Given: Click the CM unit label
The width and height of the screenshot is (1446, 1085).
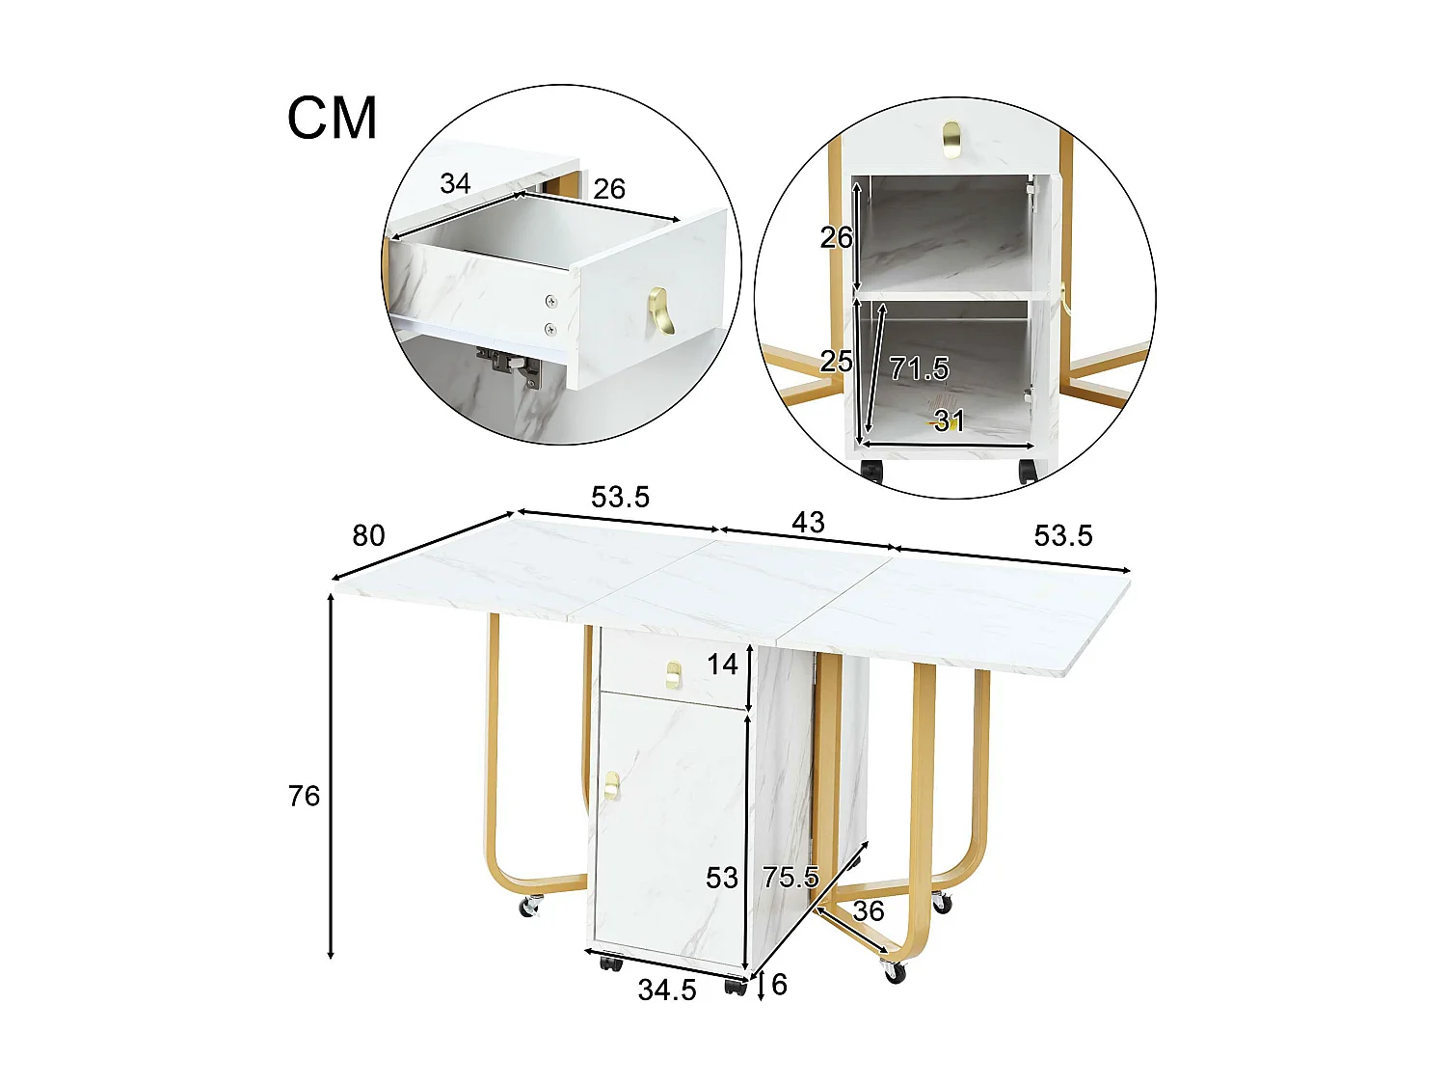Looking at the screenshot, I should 332,119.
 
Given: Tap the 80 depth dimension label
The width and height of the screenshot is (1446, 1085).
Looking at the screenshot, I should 368,535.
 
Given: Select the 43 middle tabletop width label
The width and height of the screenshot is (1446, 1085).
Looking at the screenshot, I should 808,522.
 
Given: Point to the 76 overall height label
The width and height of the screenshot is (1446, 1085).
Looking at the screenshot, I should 304,796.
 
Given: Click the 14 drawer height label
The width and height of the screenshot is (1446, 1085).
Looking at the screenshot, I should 722,664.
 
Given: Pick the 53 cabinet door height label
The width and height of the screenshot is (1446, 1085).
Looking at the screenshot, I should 722,878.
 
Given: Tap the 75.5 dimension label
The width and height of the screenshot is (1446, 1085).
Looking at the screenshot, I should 790,877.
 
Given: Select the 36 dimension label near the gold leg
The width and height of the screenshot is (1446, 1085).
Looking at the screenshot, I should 869,910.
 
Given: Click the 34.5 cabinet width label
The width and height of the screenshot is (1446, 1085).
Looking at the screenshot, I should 667,990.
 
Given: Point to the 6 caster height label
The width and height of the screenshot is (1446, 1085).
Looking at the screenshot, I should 779,984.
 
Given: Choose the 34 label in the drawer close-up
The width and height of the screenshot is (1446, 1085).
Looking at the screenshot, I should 455,183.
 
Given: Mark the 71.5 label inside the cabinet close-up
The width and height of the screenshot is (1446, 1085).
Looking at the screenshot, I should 919,368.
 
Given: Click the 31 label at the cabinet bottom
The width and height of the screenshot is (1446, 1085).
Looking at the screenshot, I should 949,420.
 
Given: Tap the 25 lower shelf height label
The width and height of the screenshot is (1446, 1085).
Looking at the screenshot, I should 836,361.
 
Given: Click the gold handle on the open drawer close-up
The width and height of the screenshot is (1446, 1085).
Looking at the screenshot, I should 661,311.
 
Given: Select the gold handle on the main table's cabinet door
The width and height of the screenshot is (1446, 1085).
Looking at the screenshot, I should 611,785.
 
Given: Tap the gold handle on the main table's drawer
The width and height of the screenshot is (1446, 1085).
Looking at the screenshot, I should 673,674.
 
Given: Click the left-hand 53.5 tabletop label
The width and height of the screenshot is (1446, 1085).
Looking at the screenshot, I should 620,497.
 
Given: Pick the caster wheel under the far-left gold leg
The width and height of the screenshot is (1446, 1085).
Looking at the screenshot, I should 530,907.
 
